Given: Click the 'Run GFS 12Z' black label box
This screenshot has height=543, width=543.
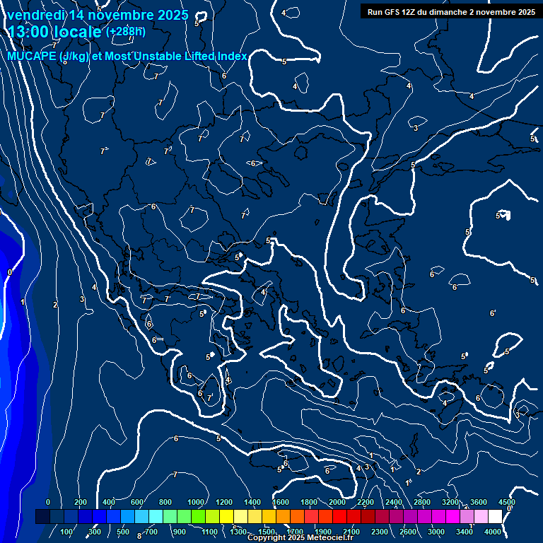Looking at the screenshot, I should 450,12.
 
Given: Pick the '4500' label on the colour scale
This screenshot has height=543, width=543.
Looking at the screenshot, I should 506,502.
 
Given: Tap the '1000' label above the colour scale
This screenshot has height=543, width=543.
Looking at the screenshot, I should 196,502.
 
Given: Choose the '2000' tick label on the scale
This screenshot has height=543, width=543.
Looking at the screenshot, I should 337,502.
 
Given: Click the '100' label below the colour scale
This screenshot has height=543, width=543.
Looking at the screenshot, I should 68,532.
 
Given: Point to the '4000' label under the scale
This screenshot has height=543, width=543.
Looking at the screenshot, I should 493,532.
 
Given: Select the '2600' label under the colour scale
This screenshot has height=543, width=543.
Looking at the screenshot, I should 408,532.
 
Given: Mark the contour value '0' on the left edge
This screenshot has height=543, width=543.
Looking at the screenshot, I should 9,272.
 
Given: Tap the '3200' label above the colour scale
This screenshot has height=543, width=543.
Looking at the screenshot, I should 450,502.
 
